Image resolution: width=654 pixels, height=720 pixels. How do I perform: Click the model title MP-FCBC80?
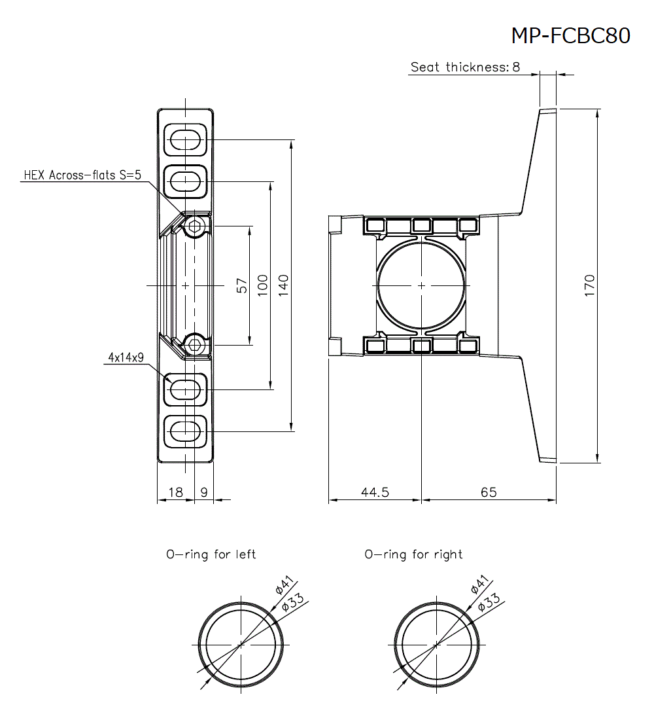click(x=570, y=35)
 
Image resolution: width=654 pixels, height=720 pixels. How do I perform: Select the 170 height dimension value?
click(x=589, y=285)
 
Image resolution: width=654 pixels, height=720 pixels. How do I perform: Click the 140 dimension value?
click(x=284, y=285)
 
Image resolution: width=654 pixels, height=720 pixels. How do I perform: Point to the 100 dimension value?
click(x=263, y=285)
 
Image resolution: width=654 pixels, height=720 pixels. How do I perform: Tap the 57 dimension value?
click(x=242, y=285)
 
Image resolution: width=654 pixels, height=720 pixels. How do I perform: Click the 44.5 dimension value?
click(x=375, y=492)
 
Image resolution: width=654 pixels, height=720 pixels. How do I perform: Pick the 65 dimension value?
click(x=489, y=492)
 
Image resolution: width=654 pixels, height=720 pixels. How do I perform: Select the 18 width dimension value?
click(x=175, y=492)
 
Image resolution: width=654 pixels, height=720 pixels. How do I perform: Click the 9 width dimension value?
click(x=203, y=492)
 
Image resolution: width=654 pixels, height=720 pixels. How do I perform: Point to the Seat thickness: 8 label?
click(x=465, y=67)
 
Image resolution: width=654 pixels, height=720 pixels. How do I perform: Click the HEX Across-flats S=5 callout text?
click(x=82, y=175)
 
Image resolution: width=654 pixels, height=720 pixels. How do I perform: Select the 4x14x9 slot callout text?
click(x=126, y=357)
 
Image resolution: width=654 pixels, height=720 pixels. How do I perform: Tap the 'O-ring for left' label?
click(x=211, y=554)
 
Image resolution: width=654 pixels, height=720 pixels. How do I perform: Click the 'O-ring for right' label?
click(x=413, y=554)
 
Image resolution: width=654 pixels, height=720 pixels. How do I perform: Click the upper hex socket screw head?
click(x=194, y=228)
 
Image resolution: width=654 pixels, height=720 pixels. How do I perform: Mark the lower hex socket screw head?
click(x=194, y=343)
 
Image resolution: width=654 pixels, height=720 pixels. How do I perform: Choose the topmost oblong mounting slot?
click(x=186, y=139)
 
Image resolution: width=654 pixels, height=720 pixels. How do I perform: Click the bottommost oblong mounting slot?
click(x=186, y=431)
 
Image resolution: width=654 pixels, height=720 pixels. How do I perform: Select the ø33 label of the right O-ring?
click(x=489, y=602)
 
